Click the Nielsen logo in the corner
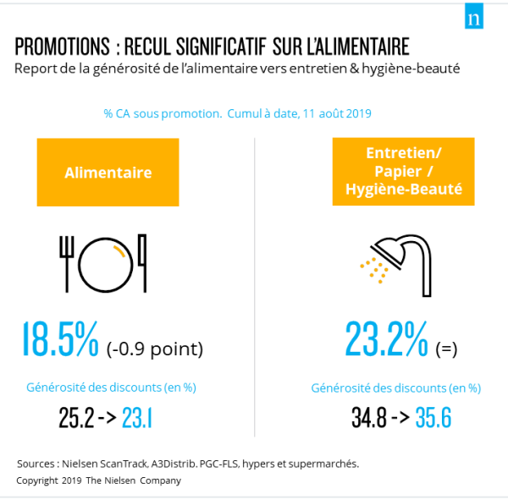click(474, 19)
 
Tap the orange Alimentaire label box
click(108, 173)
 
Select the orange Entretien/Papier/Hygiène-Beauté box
click(403, 172)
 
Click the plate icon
click(106, 262)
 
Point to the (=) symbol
click(446, 349)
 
